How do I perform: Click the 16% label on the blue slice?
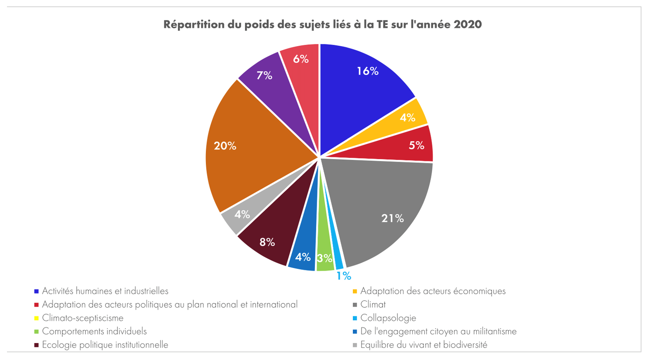tap(368, 71)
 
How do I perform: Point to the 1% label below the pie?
tap(344, 276)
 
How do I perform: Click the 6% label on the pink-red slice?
tap(301, 59)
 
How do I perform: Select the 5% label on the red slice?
tap(417, 146)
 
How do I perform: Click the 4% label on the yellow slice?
tap(408, 118)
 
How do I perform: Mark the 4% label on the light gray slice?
tap(242, 214)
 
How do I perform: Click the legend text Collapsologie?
tap(388, 318)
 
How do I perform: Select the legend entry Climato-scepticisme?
tap(83, 318)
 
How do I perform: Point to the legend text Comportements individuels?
tap(94, 332)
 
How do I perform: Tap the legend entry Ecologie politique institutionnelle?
tap(105, 345)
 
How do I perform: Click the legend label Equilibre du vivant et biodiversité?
tap(424, 345)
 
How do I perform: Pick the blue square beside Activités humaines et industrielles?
tap(37, 291)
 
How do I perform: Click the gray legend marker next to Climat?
tap(355, 305)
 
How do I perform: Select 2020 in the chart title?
tap(468, 24)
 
